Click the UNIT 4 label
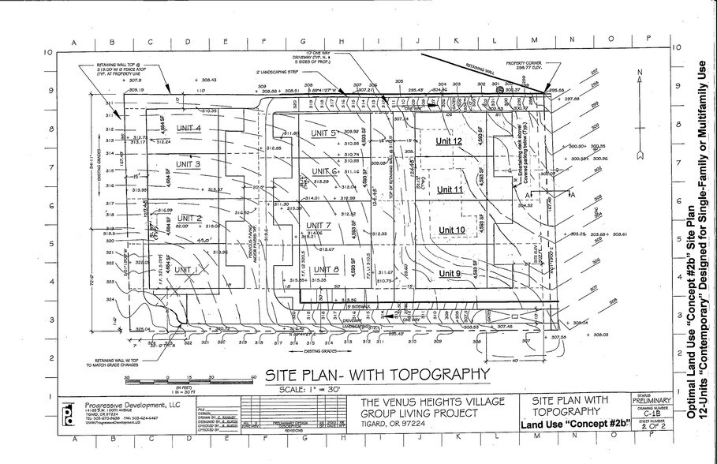point(189,128)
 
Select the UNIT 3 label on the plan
point(188,164)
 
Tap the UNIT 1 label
point(186,270)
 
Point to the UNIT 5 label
point(323,133)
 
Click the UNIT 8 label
point(325,270)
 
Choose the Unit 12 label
point(449,141)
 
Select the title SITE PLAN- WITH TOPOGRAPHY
point(376,374)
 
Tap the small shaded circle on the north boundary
point(499,91)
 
